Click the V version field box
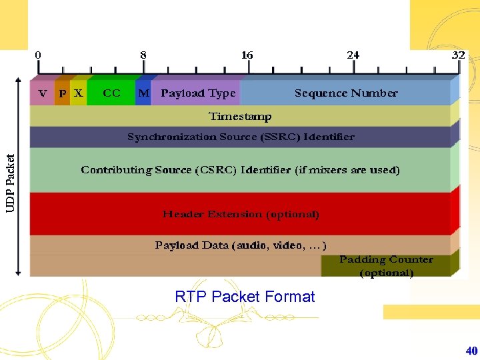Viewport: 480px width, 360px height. point(43,93)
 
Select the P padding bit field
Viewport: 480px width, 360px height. point(62,93)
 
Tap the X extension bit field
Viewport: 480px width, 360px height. point(79,93)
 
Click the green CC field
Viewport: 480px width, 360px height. point(111,93)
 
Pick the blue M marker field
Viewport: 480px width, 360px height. point(143,93)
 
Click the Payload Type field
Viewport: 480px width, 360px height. point(198,93)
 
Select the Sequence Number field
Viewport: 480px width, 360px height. point(346,93)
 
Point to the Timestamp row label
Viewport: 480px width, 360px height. point(240,117)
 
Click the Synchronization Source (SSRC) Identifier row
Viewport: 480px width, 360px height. point(241,137)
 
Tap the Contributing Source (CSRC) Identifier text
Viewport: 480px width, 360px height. point(240,170)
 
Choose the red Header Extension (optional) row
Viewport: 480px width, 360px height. point(241,214)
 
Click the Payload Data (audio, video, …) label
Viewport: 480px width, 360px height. point(241,245)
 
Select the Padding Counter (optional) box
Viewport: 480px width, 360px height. point(386,266)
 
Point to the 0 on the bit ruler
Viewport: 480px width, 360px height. point(38,55)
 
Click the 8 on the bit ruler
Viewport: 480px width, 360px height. point(143,55)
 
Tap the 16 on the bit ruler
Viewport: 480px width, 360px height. point(247,55)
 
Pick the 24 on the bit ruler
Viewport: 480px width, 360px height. point(353,55)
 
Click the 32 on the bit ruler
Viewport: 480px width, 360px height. point(458,55)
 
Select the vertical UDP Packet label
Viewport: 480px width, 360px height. point(11,183)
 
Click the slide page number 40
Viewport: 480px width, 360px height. point(471,350)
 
